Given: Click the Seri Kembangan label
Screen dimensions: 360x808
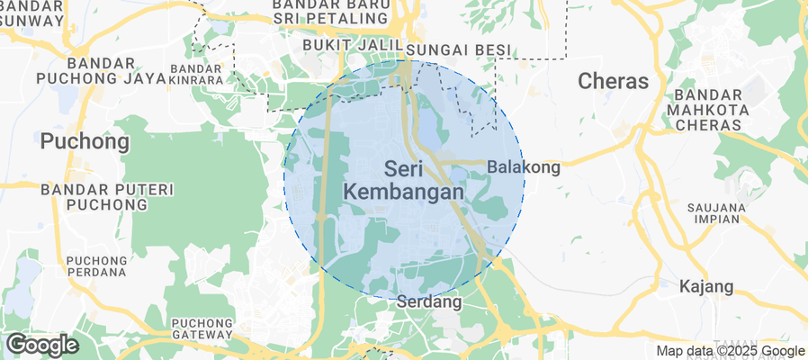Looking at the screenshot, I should click(404, 180).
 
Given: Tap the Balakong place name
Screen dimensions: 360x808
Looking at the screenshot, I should click(524, 166).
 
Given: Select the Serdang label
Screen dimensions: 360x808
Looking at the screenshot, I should click(429, 303).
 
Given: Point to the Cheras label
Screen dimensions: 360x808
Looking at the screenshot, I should click(613, 81).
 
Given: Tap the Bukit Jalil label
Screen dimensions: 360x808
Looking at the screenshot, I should click(351, 45).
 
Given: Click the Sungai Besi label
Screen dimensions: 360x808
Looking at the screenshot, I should click(459, 49).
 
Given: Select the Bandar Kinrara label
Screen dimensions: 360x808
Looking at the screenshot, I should click(197, 75).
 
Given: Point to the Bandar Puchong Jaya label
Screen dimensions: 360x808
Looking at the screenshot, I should click(87, 71).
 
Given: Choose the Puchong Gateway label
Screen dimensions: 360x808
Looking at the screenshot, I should click(203, 329).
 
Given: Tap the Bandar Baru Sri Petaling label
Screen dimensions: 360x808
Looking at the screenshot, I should click(333, 10).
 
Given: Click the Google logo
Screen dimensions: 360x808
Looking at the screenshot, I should click(41, 345).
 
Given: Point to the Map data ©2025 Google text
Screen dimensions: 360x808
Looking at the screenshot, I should click(730, 351).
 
